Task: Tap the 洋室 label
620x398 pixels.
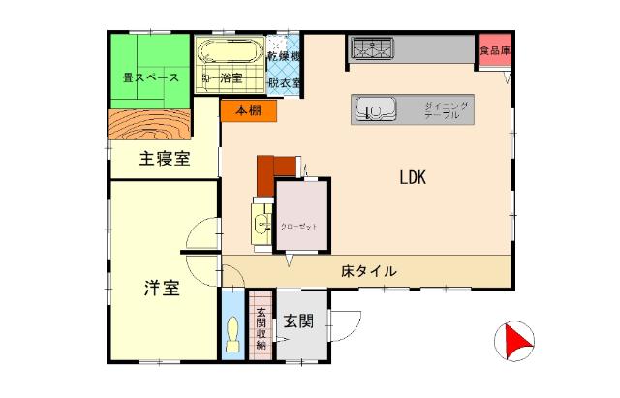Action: [x=162, y=288]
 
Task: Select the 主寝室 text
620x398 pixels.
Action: [x=165, y=159]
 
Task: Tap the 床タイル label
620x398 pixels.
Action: [x=368, y=271]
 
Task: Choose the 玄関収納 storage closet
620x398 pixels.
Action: [x=261, y=326]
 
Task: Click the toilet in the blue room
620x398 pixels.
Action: [x=232, y=333]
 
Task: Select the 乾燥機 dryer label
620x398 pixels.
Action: [x=284, y=59]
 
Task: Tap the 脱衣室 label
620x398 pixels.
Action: [x=284, y=82]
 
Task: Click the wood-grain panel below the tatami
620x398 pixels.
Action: [x=152, y=127]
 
